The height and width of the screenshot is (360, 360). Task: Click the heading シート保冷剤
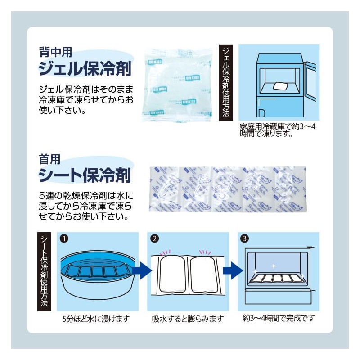click(85, 175)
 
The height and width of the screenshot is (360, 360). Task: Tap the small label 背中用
click(55, 52)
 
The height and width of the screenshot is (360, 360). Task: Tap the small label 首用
click(49, 158)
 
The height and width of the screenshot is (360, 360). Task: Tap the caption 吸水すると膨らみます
click(188, 319)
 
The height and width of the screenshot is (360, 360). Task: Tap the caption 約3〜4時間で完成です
click(278, 318)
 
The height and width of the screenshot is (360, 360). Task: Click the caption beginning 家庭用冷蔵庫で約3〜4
click(278, 130)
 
